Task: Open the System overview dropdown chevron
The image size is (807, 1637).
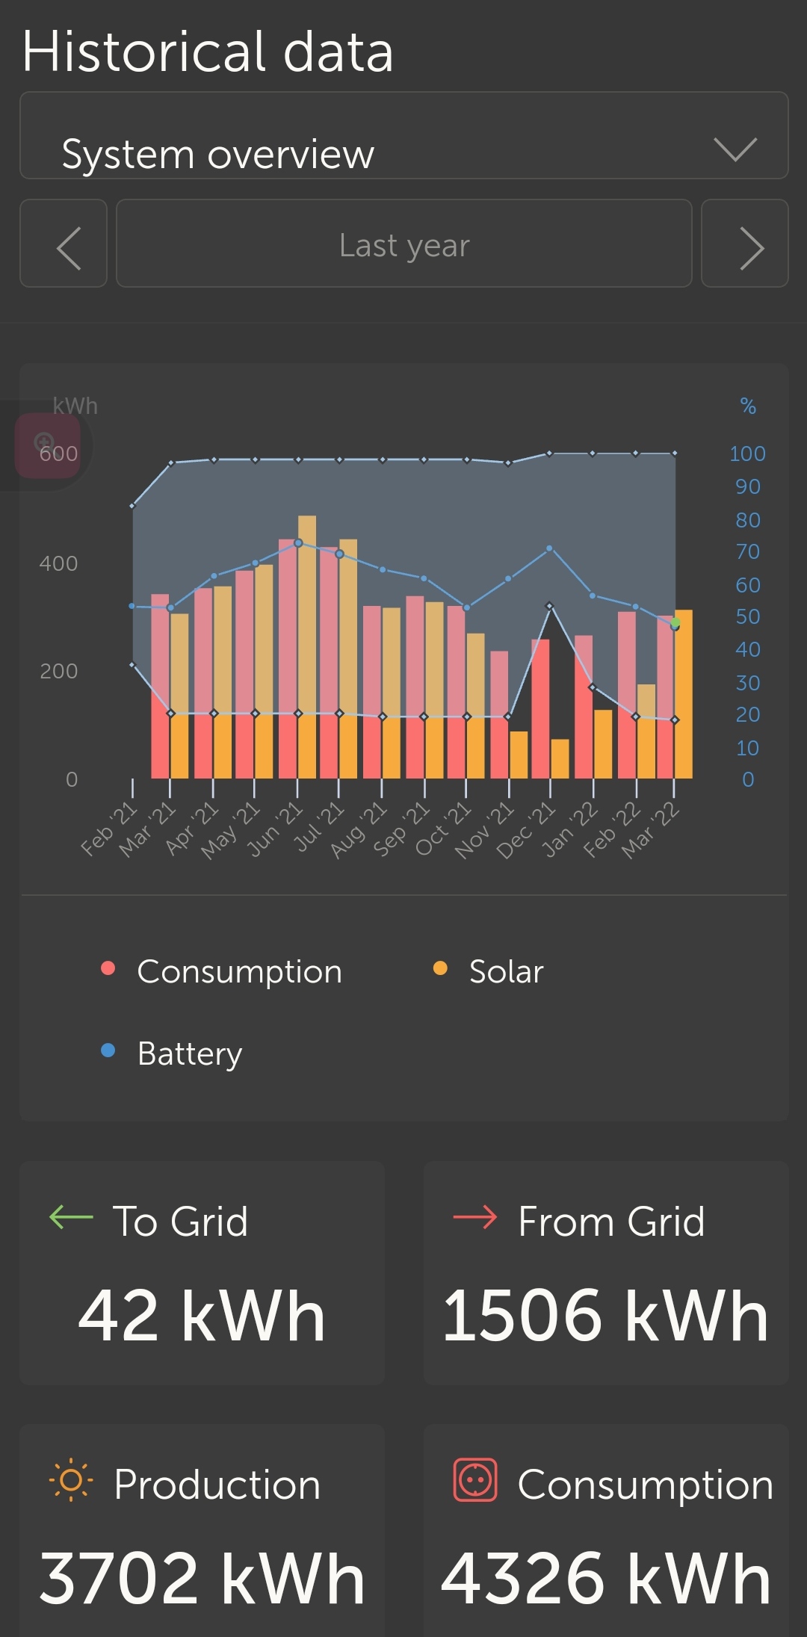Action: [x=735, y=149]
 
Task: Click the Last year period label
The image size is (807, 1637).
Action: [x=404, y=245]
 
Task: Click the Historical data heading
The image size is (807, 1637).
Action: [x=208, y=52]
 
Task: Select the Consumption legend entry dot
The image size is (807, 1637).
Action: [x=108, y=968]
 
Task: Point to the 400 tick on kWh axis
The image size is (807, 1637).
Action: [x=58, y=563]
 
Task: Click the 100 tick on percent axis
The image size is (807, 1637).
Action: [x=747, y=454]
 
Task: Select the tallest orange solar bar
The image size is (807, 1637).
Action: [x=307, y=646]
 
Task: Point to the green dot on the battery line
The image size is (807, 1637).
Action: [x=675, y=622]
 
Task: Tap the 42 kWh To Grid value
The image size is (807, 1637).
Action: [x=202, y=1316]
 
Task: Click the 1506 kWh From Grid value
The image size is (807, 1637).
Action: [x=605, y=1316]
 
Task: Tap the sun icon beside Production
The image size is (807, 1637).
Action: [x=70, y=1480]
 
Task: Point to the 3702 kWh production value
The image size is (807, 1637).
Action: [x=202, y=1578]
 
